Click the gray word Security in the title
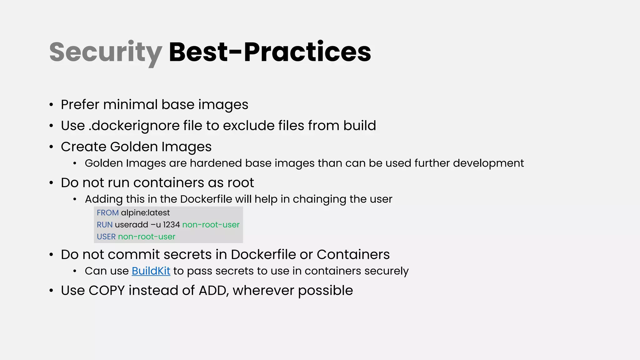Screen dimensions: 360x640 106,52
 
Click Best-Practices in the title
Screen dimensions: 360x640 270,52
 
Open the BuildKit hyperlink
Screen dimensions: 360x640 151,271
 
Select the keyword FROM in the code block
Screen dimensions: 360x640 107,213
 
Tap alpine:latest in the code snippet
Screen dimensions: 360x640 145,213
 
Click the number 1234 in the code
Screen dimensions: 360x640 171,225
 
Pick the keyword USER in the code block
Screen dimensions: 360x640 106,237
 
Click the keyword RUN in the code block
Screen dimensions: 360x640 104,225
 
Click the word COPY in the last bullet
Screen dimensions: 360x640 107,290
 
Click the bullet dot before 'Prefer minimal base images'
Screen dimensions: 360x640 51,105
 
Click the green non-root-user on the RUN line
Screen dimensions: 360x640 211,225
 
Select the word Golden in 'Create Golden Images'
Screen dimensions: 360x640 134,147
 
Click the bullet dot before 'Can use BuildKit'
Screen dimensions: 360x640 75,271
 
